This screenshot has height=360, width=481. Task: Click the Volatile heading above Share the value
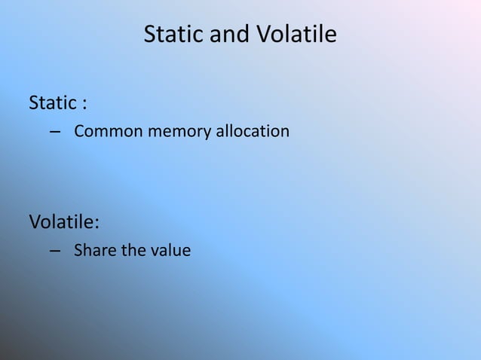(x=62, y=224)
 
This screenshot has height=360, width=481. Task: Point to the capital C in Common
(x=78, y=133)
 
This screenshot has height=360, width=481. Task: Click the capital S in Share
(x=78, y=251)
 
